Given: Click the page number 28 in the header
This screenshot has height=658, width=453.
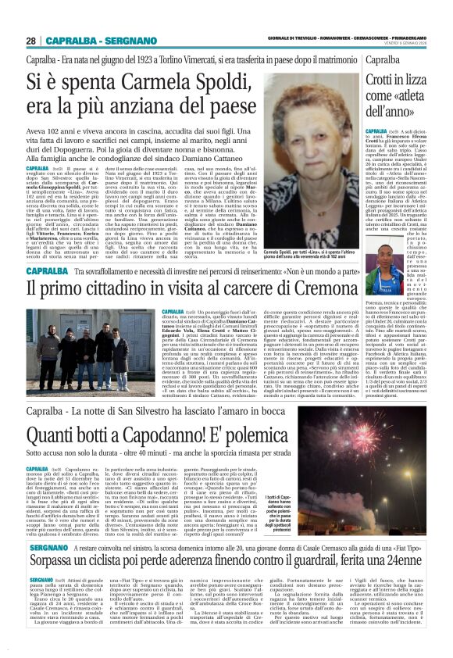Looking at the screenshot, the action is tap(30, 41).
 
